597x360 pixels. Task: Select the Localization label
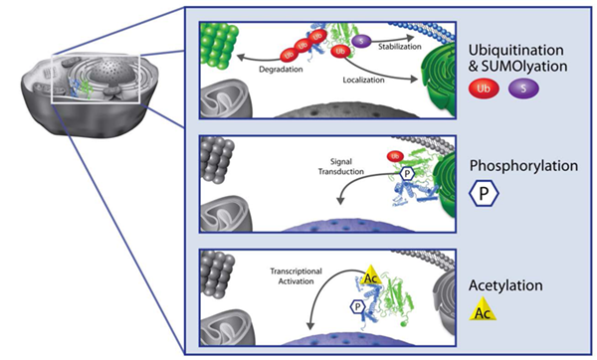click(x=365, y=78)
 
